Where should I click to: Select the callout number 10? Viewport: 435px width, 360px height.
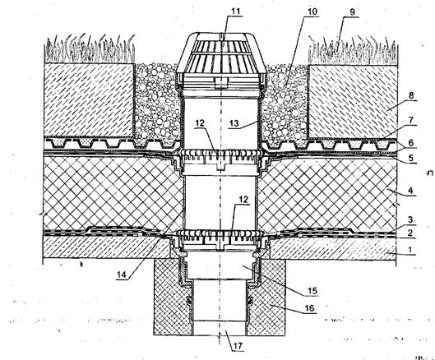coord(312,12)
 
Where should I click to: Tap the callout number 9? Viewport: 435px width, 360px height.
coord(352,12)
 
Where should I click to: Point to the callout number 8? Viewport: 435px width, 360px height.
coord(411,95)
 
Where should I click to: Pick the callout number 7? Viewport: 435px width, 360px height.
coord(411,120)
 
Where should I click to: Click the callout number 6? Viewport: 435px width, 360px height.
coord(411,143)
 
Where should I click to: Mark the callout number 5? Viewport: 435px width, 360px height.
coord(411,158)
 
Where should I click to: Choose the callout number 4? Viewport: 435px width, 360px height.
coord(411,191)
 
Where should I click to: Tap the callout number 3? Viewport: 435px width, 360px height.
coord(411,219)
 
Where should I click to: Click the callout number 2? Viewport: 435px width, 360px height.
coord(411,233)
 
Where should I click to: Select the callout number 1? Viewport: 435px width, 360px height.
coord(410,249)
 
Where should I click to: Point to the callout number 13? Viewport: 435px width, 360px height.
coord(234,123)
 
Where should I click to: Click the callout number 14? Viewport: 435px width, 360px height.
coord(122,275)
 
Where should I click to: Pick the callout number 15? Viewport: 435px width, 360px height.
coord(312,291)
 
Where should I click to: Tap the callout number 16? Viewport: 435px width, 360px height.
coord(310,308)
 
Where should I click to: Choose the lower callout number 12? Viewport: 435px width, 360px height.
coord(243,199)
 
